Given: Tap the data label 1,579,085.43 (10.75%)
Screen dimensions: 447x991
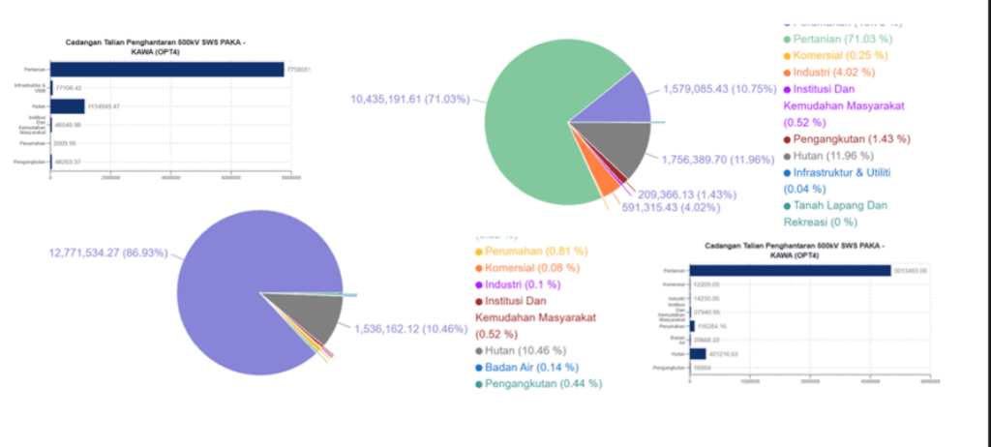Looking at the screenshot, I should pyautogui.click(x=719, y=89).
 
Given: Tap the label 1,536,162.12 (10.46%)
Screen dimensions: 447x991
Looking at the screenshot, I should pyautogui.click(x=410, y=328).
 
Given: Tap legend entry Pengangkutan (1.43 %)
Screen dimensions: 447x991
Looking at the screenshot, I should pyautogui.click(x=852, y=138).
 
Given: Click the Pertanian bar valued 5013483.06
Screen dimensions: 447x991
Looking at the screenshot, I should pyautogui.click(x=790, y=271).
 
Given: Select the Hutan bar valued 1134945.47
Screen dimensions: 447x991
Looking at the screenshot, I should pyautogui.click(x=68, y=106).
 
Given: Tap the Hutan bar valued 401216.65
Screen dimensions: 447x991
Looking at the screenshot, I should pyautogui.click(x=697, y=354).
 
